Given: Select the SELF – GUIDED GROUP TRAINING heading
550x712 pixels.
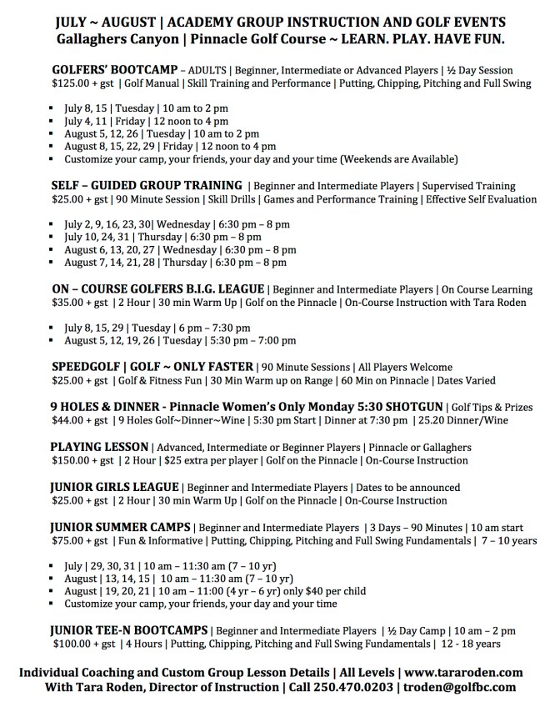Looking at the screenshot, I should [147, 185].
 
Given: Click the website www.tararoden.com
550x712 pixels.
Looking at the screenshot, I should [472, 672].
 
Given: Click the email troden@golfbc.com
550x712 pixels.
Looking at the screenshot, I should [460, 687].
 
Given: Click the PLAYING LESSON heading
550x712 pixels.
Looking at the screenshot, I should [99, 447].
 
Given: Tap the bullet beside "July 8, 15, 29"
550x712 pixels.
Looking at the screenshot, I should [53, 328].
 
